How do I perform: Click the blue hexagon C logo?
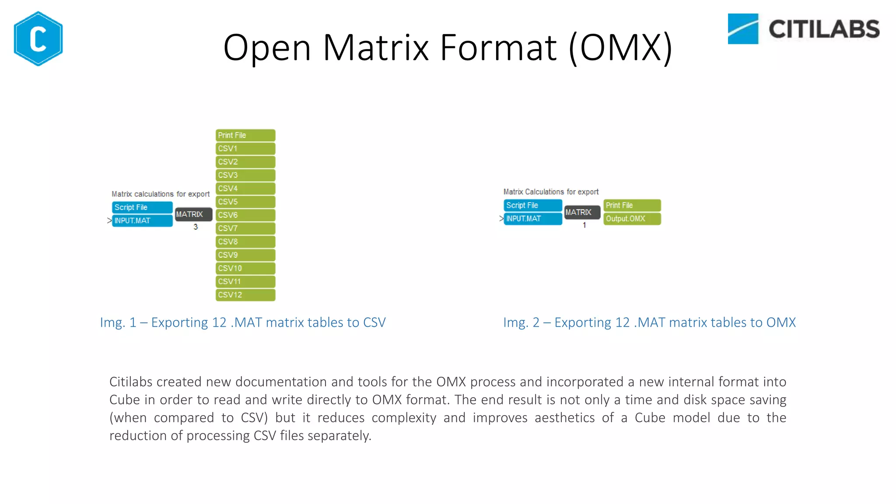click(x=38, y=38)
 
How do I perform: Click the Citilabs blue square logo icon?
click(x=742, y=29)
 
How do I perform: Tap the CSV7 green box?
click(x=245, y=228)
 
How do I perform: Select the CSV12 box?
click(x=245, y=295)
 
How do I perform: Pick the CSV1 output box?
click(x=245, y=149)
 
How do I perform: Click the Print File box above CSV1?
click(x=245, y=135)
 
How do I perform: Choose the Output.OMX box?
click(x=632, y=219)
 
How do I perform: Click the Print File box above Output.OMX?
click(x=632, y=205)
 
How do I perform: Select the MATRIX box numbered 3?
click(x=193, y=214)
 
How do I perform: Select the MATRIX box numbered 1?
click(x=582, y=212)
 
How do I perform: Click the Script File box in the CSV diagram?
click(x=142, y=207)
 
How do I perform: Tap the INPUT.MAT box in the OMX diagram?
click(x=532, y=219)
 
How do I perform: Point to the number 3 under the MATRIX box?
click(x=196, y=227)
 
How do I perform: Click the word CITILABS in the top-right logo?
click(x=824, y=29)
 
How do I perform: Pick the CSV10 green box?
click(x=245, y=268)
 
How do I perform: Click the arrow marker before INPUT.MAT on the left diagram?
click(x=109, y=220)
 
